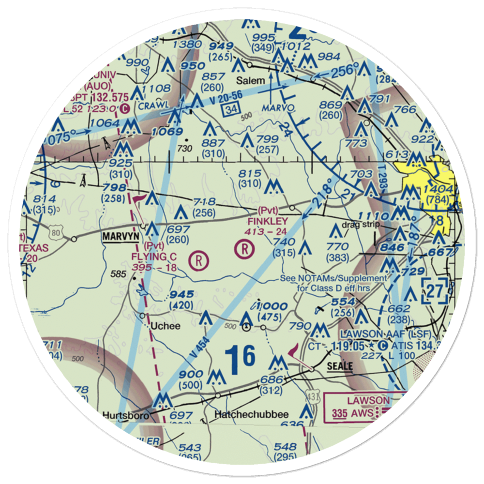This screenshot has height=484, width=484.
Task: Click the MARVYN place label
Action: click(120, 237)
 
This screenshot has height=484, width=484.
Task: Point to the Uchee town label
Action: click(166, 326)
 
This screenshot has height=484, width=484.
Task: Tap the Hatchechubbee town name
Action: click(252, 415)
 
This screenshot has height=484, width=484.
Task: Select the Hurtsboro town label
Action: click(124, 415)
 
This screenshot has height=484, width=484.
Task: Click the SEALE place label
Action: click(339, 365)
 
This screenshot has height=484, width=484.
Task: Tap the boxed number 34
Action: click(231, 110)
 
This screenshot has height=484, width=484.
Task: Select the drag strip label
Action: click(358, 225)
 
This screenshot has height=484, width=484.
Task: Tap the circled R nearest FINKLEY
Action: click(244, 249)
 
